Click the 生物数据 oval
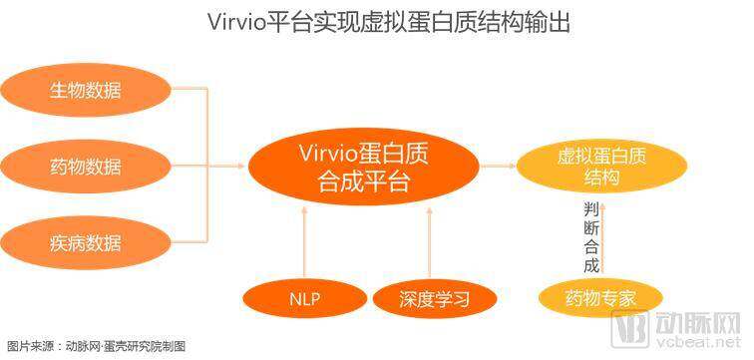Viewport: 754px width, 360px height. [86, 90]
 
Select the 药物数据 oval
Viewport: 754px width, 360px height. [86, 167]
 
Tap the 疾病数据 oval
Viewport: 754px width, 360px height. [86, 242]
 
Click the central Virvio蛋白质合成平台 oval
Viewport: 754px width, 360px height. [363, 167]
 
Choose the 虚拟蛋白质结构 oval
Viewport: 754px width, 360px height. [601, 167]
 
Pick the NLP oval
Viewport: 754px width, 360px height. [305, 299]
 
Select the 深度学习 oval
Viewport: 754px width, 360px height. [434, 299]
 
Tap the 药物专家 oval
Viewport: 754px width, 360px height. [600, 298]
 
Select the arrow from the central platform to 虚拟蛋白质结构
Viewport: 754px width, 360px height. [498, 166]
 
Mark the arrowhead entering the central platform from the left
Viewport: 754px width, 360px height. [241, 167]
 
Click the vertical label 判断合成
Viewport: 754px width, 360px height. [591, 237]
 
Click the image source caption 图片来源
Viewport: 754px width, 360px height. [24, 347]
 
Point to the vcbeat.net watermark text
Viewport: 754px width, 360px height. [697, 343]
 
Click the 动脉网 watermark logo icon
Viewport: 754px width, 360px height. [629, 328]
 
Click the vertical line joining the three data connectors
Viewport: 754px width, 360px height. [207, 166]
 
